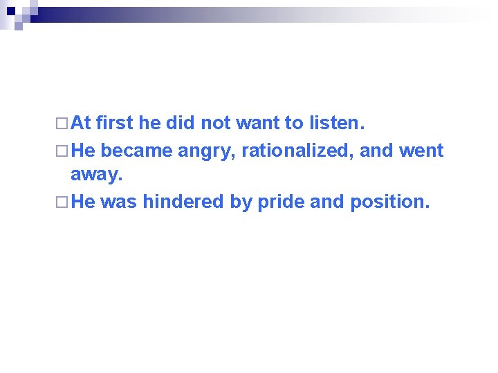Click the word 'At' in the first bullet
pos(81,124)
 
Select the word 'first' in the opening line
pos(115,124)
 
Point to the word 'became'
pos(138,150)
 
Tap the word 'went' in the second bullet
pos(421,150)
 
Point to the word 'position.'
pos(390,202)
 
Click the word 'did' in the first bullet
pos(180,124)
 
